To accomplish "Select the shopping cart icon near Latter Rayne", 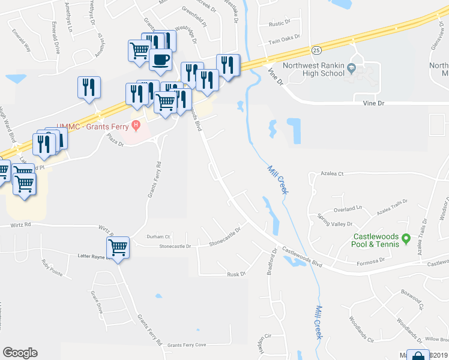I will coord(118,246).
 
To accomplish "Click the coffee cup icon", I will coord(160,59).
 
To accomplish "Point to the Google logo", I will coord(20,353).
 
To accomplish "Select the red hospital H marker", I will coord(136,126).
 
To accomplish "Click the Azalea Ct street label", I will coord(331,173).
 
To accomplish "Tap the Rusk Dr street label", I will coord(237,274).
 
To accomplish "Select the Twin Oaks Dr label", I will coord(283,41).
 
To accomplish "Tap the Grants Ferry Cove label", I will coord(187,345).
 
